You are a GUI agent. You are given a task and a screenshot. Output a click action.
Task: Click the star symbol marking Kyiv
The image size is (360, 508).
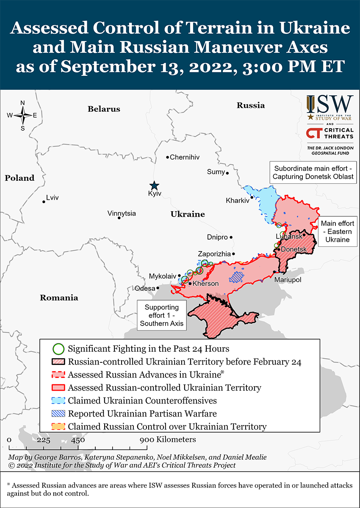pos(154,185)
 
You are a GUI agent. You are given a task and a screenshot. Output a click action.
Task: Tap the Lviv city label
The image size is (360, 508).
pos(53,198)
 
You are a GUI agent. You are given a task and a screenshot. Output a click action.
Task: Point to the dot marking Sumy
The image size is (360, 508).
pos(227,173)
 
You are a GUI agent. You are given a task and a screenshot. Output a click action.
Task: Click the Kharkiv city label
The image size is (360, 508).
pos(238,200)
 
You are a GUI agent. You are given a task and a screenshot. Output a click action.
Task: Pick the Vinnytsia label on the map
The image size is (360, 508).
pos(122,213)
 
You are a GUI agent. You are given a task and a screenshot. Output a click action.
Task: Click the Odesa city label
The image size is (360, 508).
pos(145,288)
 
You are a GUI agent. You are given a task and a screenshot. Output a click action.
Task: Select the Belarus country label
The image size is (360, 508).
pos(104,109)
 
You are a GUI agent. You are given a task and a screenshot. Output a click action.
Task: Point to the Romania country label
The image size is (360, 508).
pos(59,298)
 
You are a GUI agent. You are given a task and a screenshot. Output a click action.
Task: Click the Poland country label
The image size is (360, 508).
pos(19,178)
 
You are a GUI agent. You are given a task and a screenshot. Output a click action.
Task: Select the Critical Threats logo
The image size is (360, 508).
pos(330,133)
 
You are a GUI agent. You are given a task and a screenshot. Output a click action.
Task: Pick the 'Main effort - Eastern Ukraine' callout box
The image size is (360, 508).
pos(337,231)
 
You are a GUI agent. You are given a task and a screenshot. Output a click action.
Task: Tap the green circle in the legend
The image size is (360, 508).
pos(58,349)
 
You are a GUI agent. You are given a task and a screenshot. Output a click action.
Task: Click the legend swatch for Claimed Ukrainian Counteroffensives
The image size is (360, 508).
pos(58,400)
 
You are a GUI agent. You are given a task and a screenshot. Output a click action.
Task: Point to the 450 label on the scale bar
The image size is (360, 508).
pos(78,440)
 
